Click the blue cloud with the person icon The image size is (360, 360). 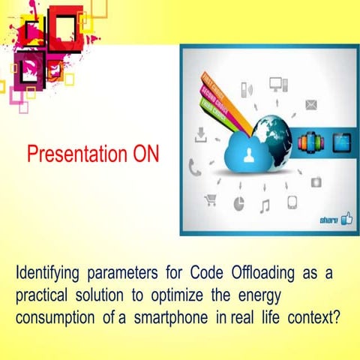248,153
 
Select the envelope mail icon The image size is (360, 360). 310,104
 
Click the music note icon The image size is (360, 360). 264,205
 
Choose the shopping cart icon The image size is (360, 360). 211,199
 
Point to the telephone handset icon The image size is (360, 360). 195,169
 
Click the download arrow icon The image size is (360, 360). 200,136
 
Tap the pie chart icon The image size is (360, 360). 238,203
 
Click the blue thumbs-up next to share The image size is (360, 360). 346,219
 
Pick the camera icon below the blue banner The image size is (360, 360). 316,180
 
